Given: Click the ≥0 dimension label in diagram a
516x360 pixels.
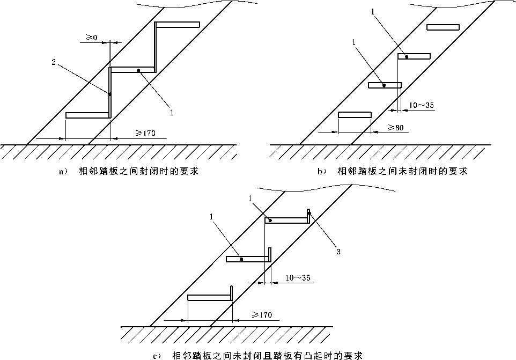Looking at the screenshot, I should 92,38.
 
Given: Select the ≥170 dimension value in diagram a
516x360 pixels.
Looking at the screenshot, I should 145,134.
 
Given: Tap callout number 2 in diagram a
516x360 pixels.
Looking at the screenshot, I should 54,62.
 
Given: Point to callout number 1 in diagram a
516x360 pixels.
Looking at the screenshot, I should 171,112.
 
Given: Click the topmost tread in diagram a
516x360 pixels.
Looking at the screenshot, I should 178,24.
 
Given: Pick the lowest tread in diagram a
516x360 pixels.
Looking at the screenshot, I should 87,115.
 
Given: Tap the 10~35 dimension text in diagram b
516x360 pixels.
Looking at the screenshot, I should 422,105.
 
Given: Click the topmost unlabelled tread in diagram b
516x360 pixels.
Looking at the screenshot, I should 443,27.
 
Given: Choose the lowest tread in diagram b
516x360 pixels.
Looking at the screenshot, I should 355,114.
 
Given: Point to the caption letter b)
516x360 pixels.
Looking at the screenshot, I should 320,172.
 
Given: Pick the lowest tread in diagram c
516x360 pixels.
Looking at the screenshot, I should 210,297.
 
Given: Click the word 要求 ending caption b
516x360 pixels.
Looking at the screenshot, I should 458,172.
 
